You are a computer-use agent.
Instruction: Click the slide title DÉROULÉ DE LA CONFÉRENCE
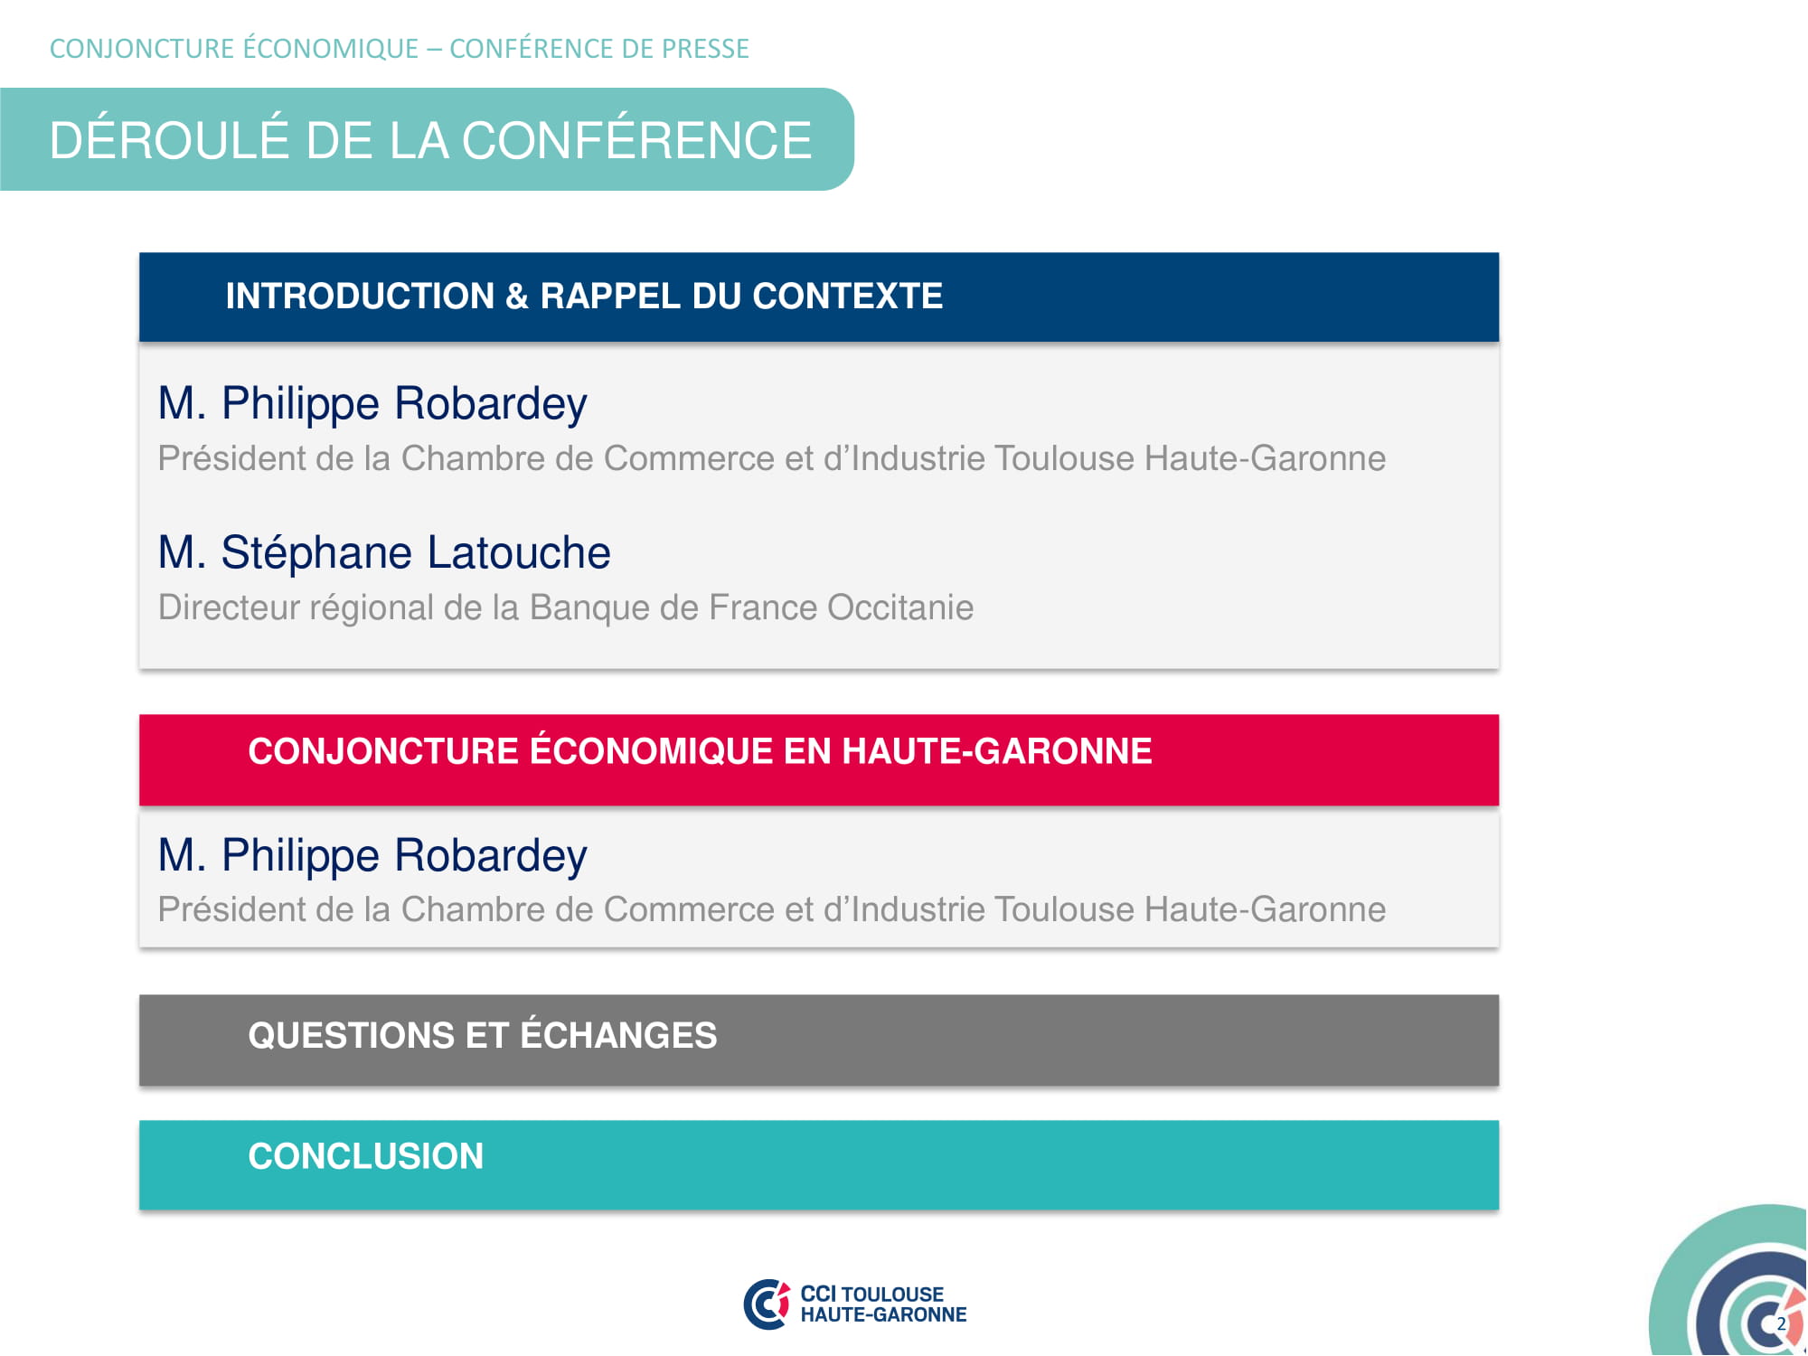430,140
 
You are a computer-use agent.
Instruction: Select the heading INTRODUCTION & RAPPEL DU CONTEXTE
584,297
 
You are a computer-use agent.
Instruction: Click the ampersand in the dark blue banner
517,297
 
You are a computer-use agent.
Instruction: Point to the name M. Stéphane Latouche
384,552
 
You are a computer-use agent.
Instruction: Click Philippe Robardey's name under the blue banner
372,404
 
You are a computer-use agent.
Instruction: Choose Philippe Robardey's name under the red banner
372,856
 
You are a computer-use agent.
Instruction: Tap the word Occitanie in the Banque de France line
900,607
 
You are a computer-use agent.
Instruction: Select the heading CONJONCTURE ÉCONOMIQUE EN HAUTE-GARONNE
700,750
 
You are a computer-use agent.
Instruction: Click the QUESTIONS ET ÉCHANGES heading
483,1034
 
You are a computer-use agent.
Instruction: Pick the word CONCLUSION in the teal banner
366,1156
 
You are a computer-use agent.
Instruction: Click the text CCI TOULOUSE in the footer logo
872,1294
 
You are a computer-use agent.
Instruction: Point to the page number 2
1781,1323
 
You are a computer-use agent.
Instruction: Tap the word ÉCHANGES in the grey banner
618,1034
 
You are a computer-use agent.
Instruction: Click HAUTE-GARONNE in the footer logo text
883,1314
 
